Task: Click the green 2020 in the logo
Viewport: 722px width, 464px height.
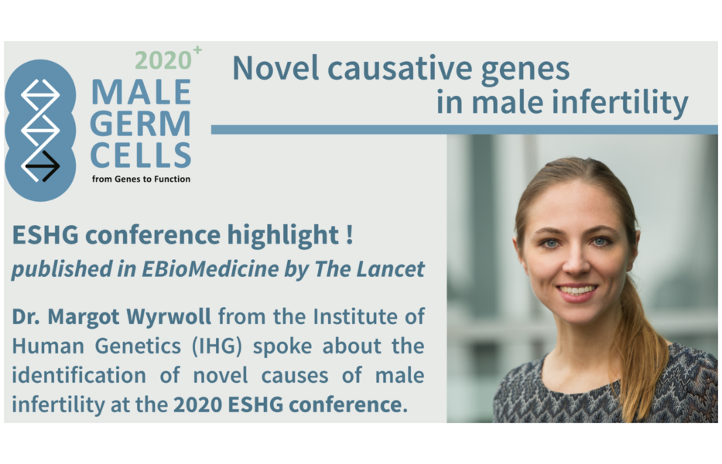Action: pos(163,60)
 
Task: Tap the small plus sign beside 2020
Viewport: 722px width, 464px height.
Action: pos(197,49)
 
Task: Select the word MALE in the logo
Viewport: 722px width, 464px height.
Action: pos(141,92)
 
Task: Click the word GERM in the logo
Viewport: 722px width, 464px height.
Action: pos(140,124)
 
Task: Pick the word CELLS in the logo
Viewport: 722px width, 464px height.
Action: pos(140,155)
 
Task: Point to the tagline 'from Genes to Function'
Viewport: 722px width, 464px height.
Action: pos(141,179)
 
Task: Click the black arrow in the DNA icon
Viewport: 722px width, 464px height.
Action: pos(43,165)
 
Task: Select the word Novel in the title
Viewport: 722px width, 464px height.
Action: pos(275,68)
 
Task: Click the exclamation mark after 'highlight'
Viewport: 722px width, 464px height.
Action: pos(350,235)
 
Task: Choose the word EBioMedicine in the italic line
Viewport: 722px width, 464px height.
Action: pos(210,269)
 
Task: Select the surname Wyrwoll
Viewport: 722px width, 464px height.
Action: pos(169,318)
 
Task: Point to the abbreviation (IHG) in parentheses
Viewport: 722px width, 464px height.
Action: pos(217,346)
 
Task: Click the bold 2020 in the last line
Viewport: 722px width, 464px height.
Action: pos(197,404)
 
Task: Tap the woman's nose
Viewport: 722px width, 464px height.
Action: pos(576,261)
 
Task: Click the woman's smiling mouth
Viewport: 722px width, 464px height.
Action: pos(577,292)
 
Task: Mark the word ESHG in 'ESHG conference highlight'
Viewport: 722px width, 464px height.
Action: pos(45,235)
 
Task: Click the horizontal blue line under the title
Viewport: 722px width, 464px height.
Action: pos(464,130)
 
